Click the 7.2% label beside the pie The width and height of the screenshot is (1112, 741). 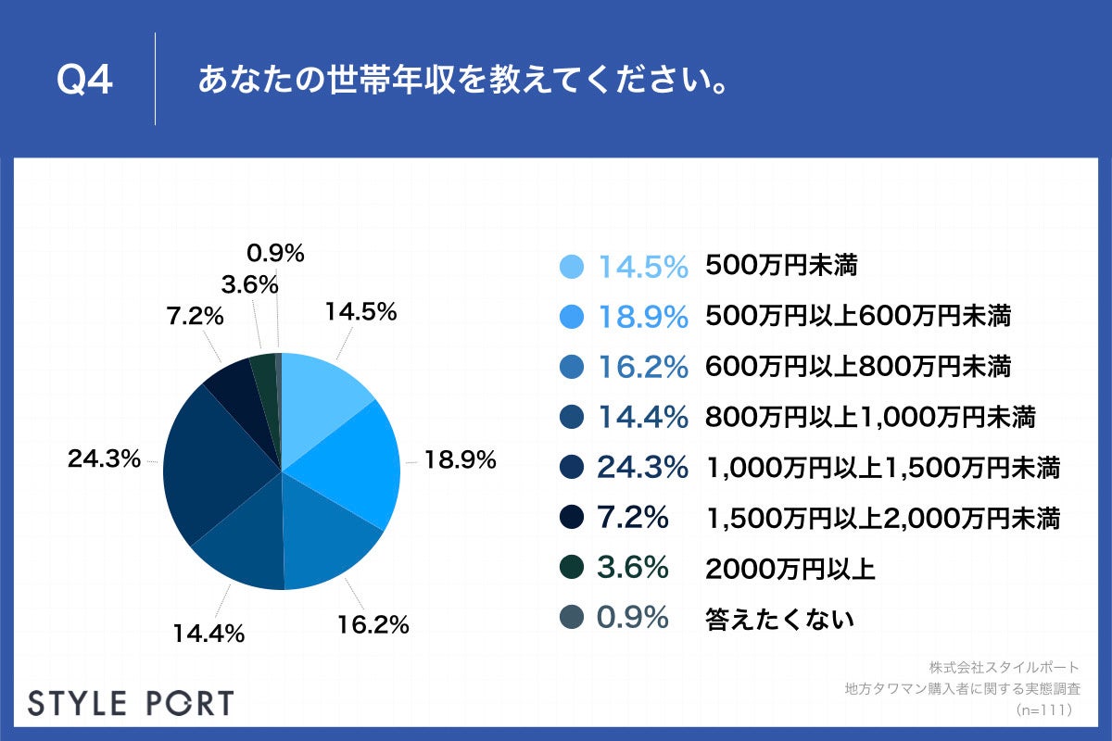pos(195,316)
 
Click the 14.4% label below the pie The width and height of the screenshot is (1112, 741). pos(208,634)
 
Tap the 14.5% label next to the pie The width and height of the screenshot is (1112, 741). pos(360,312)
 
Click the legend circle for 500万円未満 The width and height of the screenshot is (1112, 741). pos(572,267)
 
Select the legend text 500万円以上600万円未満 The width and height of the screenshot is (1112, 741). pos(857,317)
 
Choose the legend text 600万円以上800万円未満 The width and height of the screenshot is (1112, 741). pos(857,368)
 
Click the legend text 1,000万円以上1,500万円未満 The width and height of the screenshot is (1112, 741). pos(882,468)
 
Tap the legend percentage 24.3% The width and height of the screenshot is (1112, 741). pos(642,468)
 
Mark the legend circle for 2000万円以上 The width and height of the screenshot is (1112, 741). pos(572,568)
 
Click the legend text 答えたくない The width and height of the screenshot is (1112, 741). pos(779,619)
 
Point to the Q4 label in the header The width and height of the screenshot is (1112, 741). pos(84,82)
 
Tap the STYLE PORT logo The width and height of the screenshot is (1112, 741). pos(131,702)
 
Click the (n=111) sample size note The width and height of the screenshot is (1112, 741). pos(1043,710)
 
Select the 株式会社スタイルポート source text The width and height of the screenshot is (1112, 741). pos(1004,667)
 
